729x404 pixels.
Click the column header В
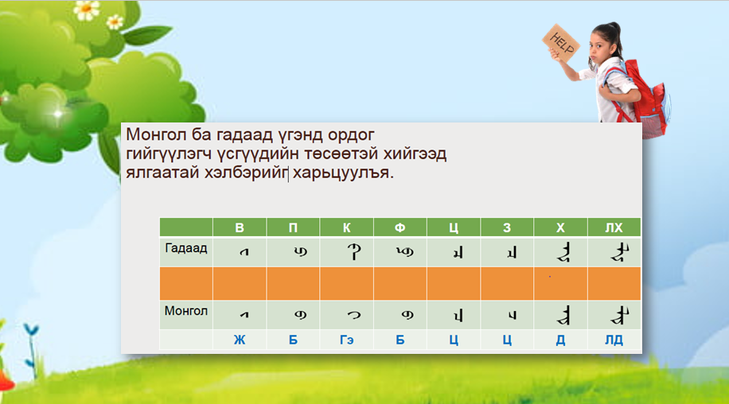click(240, 228)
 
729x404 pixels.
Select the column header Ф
click(400, 228)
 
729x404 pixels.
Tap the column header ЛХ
click(614, 228)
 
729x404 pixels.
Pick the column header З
click(507, 228)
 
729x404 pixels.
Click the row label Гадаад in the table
click(186, 249)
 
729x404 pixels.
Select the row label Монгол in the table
click(186, 311)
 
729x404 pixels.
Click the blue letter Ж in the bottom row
click(240, 340)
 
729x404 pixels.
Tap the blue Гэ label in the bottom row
click(346, 340)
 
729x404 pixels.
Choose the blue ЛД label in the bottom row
click(614, 340)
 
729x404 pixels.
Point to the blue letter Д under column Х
click(560, 340)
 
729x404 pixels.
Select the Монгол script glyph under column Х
click(561, 315)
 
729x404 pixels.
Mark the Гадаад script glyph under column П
click(293, 252)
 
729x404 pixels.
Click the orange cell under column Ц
click(454, 283)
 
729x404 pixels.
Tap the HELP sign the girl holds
click(559, 41)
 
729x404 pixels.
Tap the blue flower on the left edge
click(30, 329)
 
